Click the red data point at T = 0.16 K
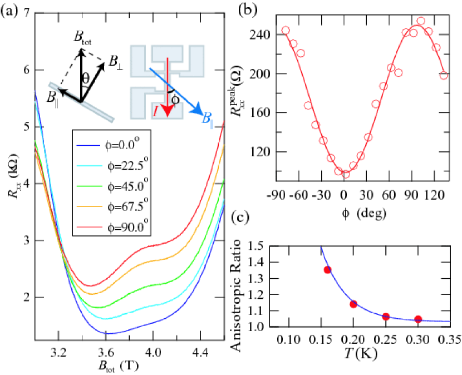(x=328, y=270)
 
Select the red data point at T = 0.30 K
(x=418, y=319)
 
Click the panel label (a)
(x=10, y=12)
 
